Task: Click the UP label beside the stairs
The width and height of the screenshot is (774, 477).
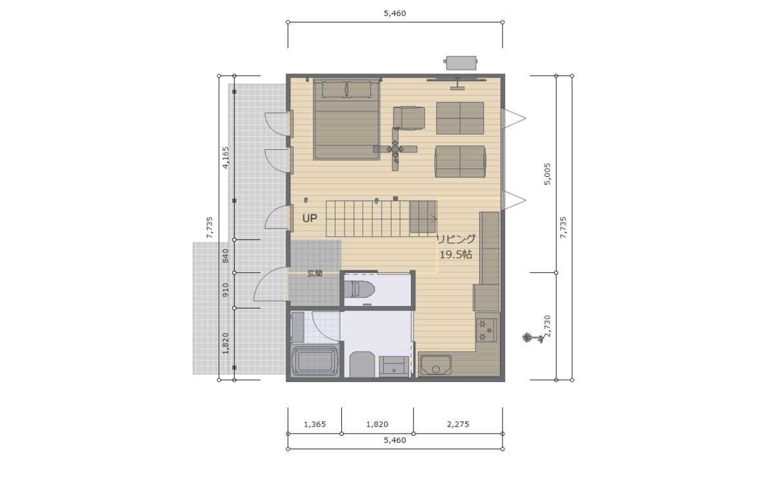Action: pyautogui.click(x=310, y=218)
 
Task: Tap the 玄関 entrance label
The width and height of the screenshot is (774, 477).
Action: pyautogui.click(x=315, y=273)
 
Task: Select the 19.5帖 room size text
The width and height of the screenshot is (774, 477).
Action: pyautogui.click(x=456, y=254)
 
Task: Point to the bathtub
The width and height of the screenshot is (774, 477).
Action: pyautogui.click(x=315, y=361)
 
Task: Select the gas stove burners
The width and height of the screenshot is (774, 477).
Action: pyautogui.click(x=486, y=330)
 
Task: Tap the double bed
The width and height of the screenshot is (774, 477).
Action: pyautogui.click(x=346, y=119)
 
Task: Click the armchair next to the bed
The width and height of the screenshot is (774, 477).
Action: pyautogui.click(x=409, y=118)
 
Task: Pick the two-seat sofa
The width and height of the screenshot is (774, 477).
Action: pyautogui.click(x=461, y=161)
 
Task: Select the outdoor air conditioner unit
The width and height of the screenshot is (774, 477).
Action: pyautogui.click(x=461, y=63)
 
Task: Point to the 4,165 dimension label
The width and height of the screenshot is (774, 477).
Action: pyautogui.click(x=225, y=157)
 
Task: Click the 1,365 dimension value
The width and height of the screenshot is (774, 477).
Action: pyautogui.click(x=315, y=424)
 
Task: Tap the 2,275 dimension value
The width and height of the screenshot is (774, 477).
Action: pyautogui.click(x=458, y=424)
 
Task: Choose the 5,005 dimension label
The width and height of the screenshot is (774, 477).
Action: pyautogui.click(x=548, y=174)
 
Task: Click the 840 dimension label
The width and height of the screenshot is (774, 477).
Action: pyautogui.click(x=225, y=256)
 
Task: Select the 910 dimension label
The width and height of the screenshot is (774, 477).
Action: pyautogui.click(x=225, y=290)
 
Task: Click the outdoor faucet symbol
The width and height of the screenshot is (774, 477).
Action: pyautogui.click(x=533, y=338)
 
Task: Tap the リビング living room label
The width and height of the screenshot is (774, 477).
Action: pyautogui.click(x=457, y=239)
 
